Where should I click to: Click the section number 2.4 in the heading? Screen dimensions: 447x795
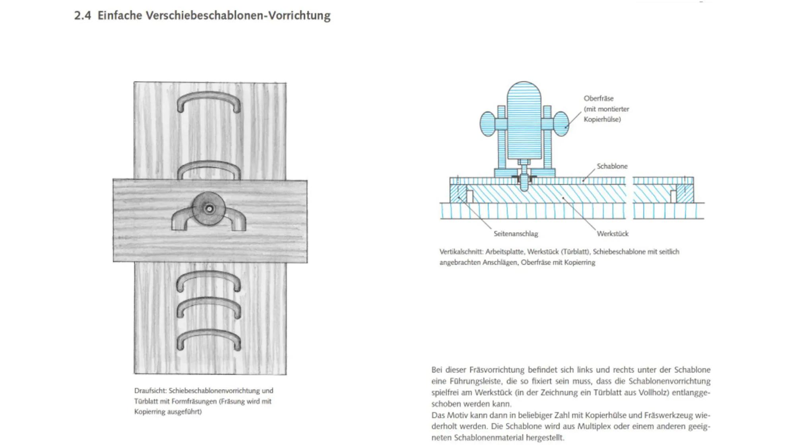[x=82, y=16]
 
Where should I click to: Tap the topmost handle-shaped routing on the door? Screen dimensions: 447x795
[x=209, y=97]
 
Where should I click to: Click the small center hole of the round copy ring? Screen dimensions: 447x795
[x=209, y=209]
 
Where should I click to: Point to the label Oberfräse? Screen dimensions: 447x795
[x=598, y=99]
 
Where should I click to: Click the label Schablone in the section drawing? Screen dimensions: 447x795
[x=612, y=166]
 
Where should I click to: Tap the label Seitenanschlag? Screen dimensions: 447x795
[x=516, y=234]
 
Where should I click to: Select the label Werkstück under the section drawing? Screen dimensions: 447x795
[x=612, y=234]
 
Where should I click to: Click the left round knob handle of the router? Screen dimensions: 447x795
[x=488, y=124]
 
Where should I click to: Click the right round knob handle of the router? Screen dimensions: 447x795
[x=560, y=124]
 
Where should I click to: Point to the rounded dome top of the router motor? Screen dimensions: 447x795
[x=524, y=91]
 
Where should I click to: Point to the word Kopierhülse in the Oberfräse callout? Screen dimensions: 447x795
[x=602, y=120]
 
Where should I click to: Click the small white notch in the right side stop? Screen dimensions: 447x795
[x=673, y=196]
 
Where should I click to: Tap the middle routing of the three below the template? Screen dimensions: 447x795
[x=209, y=307]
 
